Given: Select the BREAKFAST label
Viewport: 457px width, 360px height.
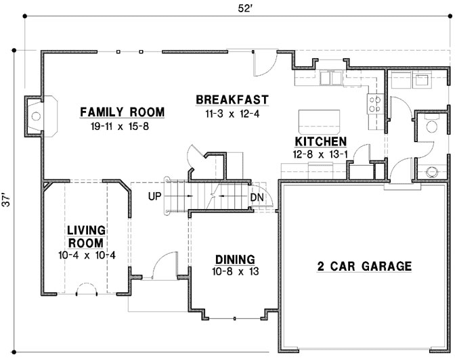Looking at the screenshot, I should pyautogui.click(x=232, y=100).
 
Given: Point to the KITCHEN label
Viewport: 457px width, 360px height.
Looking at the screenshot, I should pyautogui.click(x=320, y=141).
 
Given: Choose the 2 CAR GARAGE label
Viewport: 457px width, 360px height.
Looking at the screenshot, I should pyautogui.click(x=364, y=266).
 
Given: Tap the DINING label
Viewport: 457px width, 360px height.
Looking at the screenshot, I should pyautogui.click(x=234, y=259).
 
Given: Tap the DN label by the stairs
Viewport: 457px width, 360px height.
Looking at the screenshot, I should pyautogui.click(x=257, y=197).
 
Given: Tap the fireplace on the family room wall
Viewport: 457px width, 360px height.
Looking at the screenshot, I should pyautogui.click(x=34, y=116).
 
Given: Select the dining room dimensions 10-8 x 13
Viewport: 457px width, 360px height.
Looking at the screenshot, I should pyautogui.click(x=234, y=272).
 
